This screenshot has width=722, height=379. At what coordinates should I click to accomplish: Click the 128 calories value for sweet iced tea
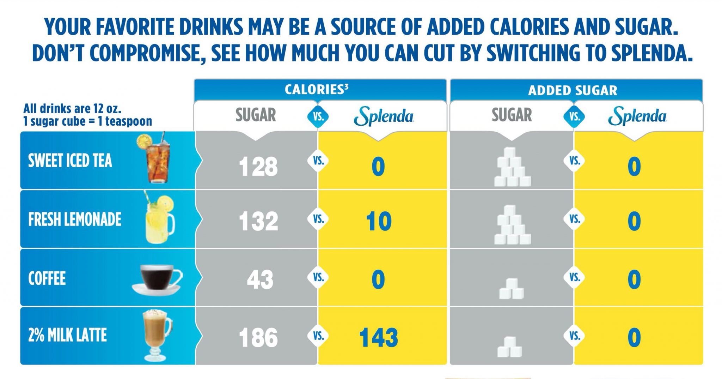coord(258,167)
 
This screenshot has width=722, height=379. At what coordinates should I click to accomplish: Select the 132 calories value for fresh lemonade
coord(258,222)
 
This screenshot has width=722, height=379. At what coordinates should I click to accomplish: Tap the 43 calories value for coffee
coord(260,280)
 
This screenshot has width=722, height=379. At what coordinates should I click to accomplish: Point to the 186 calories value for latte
coord(258,337)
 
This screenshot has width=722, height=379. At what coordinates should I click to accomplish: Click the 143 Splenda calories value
coord(379,337)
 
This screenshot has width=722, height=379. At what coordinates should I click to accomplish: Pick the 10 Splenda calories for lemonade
coord(379,222)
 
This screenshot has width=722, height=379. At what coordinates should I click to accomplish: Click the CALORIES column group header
coord(316,90)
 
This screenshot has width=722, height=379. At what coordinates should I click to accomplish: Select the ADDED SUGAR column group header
coord(573,91)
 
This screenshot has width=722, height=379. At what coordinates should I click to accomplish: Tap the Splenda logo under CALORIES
coord(384,116)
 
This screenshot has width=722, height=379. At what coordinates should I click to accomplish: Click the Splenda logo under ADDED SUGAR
coord(637,116)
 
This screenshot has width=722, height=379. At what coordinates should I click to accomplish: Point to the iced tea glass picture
coord(158,159)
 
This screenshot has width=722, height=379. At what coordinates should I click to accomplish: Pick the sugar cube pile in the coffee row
coord(511,289)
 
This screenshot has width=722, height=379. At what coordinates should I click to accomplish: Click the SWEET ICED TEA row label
coord(70,161)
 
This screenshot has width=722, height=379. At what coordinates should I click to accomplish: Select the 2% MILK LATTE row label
coord(67,335)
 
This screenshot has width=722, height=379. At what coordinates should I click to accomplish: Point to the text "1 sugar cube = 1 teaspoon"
coord(87,121)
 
